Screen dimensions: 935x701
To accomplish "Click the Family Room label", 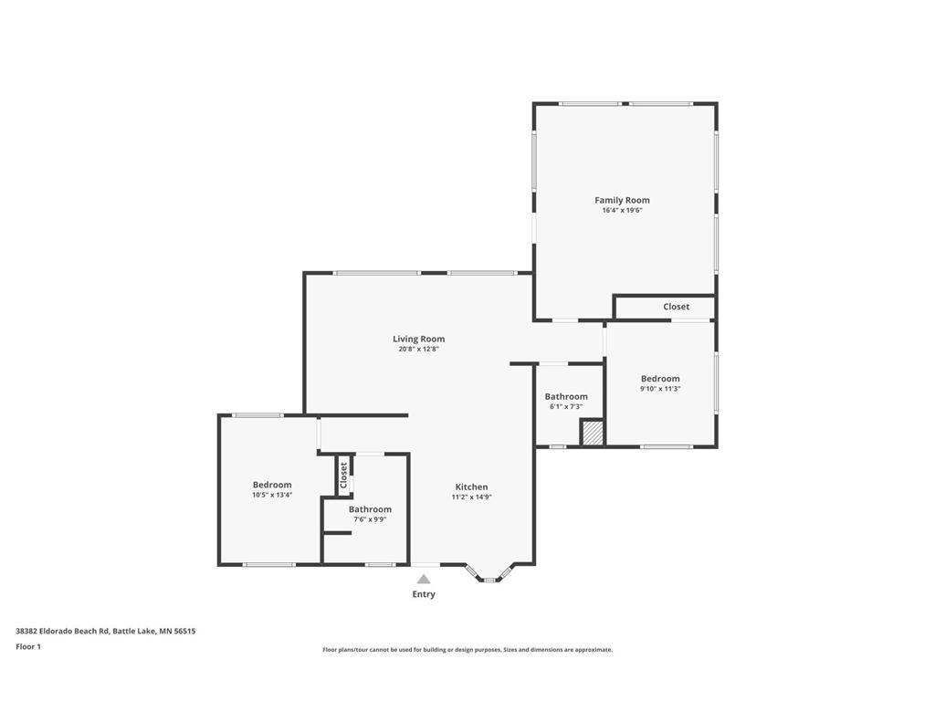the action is coord(622,200).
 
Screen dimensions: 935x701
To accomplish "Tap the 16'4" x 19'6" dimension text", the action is coord(622,211).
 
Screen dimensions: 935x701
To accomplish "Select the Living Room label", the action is coord(418,340).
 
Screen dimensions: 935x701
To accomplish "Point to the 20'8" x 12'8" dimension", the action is coord(418,350).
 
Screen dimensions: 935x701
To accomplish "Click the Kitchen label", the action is coord(472,487).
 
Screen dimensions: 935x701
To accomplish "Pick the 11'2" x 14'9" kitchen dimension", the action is coord(472,497).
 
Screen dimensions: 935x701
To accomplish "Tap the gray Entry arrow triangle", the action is coord(424,579).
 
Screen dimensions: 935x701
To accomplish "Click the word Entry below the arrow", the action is coord(424,594).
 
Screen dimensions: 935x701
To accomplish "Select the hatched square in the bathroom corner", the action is coord(593,432).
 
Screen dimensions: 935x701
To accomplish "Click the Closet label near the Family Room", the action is coord(677,307).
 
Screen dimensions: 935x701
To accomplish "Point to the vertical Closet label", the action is coord(343,475).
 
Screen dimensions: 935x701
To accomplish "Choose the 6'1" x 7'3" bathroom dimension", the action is coord(566,407).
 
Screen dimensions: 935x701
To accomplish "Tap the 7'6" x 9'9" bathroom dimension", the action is coord(371,519).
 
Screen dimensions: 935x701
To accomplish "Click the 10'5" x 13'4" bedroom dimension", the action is coord(272,495).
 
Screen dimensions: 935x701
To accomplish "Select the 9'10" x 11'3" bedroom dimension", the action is coord(660,389).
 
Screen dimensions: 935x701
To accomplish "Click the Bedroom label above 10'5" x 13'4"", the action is coord(272,485).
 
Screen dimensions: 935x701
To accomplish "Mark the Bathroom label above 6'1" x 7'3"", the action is coord(566,396).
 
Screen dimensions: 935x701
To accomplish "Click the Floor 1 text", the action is coord(28,647).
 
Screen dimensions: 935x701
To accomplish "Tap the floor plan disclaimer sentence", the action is coord(467,650).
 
